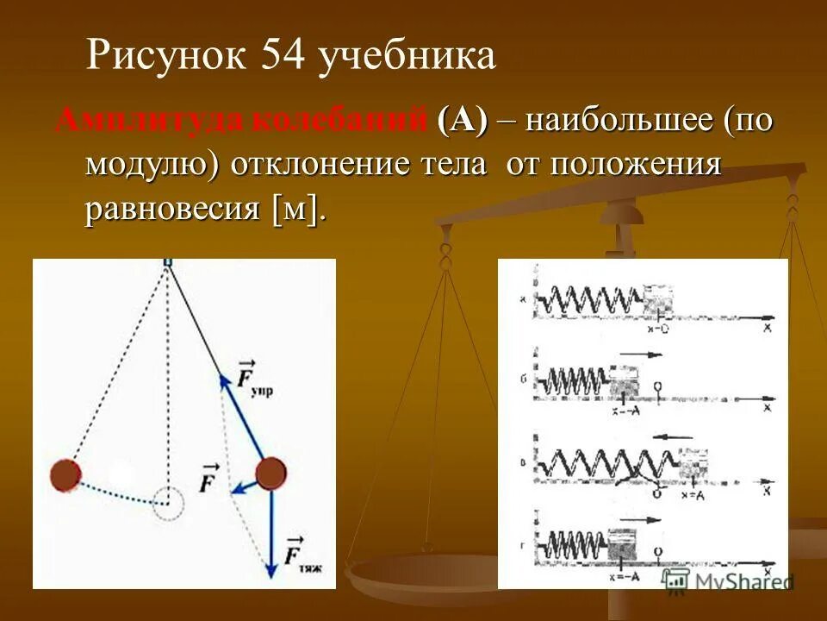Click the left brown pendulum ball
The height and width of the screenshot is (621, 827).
[x=65, y=474]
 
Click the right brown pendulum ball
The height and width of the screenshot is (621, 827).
[x=270, y=474]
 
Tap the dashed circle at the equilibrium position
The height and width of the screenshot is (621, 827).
[x=169, y=501]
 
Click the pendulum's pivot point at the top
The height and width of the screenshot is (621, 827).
[x=168, y=262]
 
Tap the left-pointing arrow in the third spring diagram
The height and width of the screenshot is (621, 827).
[x=672, y=437]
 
